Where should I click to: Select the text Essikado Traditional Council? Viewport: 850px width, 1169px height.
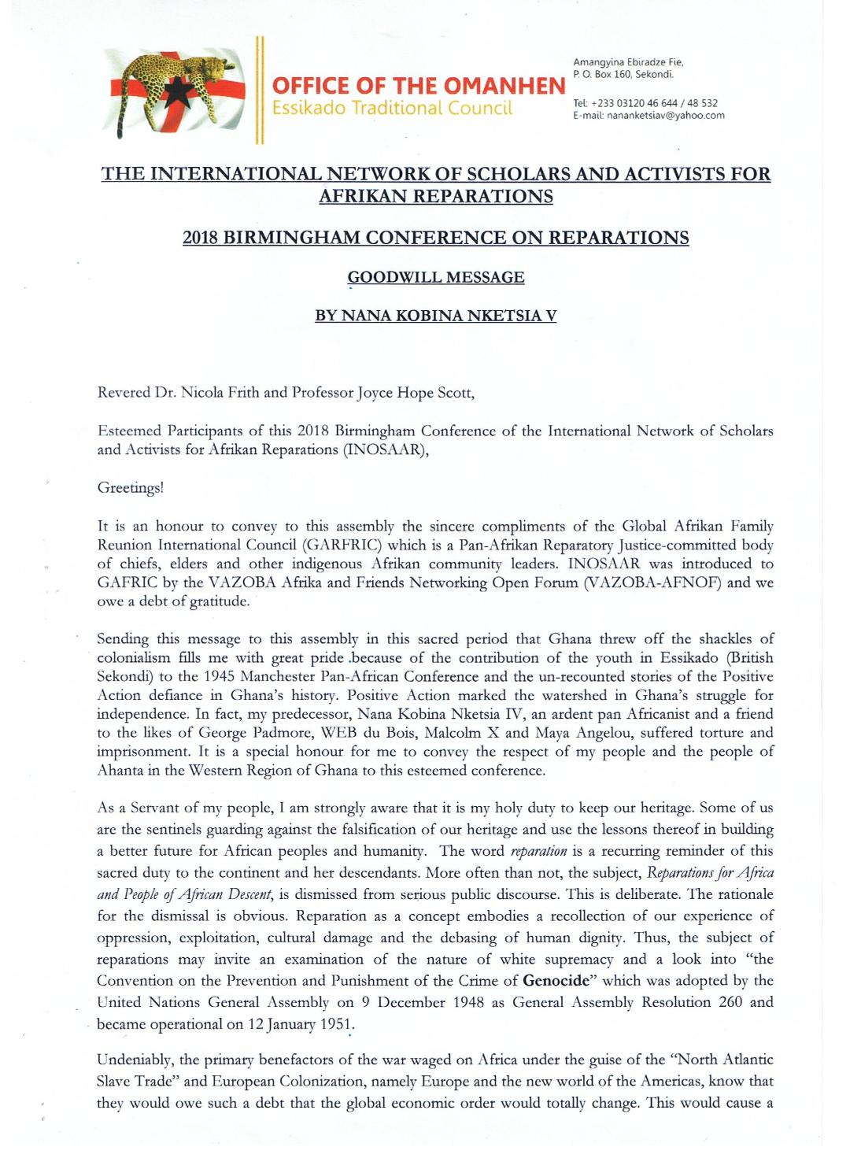pos(392,108)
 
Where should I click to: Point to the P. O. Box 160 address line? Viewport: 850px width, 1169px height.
pos(623,75)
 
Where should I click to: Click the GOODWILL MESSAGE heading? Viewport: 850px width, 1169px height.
pos(436,277)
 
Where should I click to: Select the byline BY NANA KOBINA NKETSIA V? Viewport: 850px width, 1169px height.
pos(435,316)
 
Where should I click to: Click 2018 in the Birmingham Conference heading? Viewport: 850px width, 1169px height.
pos(201,238)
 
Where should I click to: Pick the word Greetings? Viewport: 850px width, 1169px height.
pos(131,487)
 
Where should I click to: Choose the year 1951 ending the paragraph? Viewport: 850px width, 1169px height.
pos(336,1024)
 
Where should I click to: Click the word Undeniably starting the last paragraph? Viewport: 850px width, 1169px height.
pos(135,1060)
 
